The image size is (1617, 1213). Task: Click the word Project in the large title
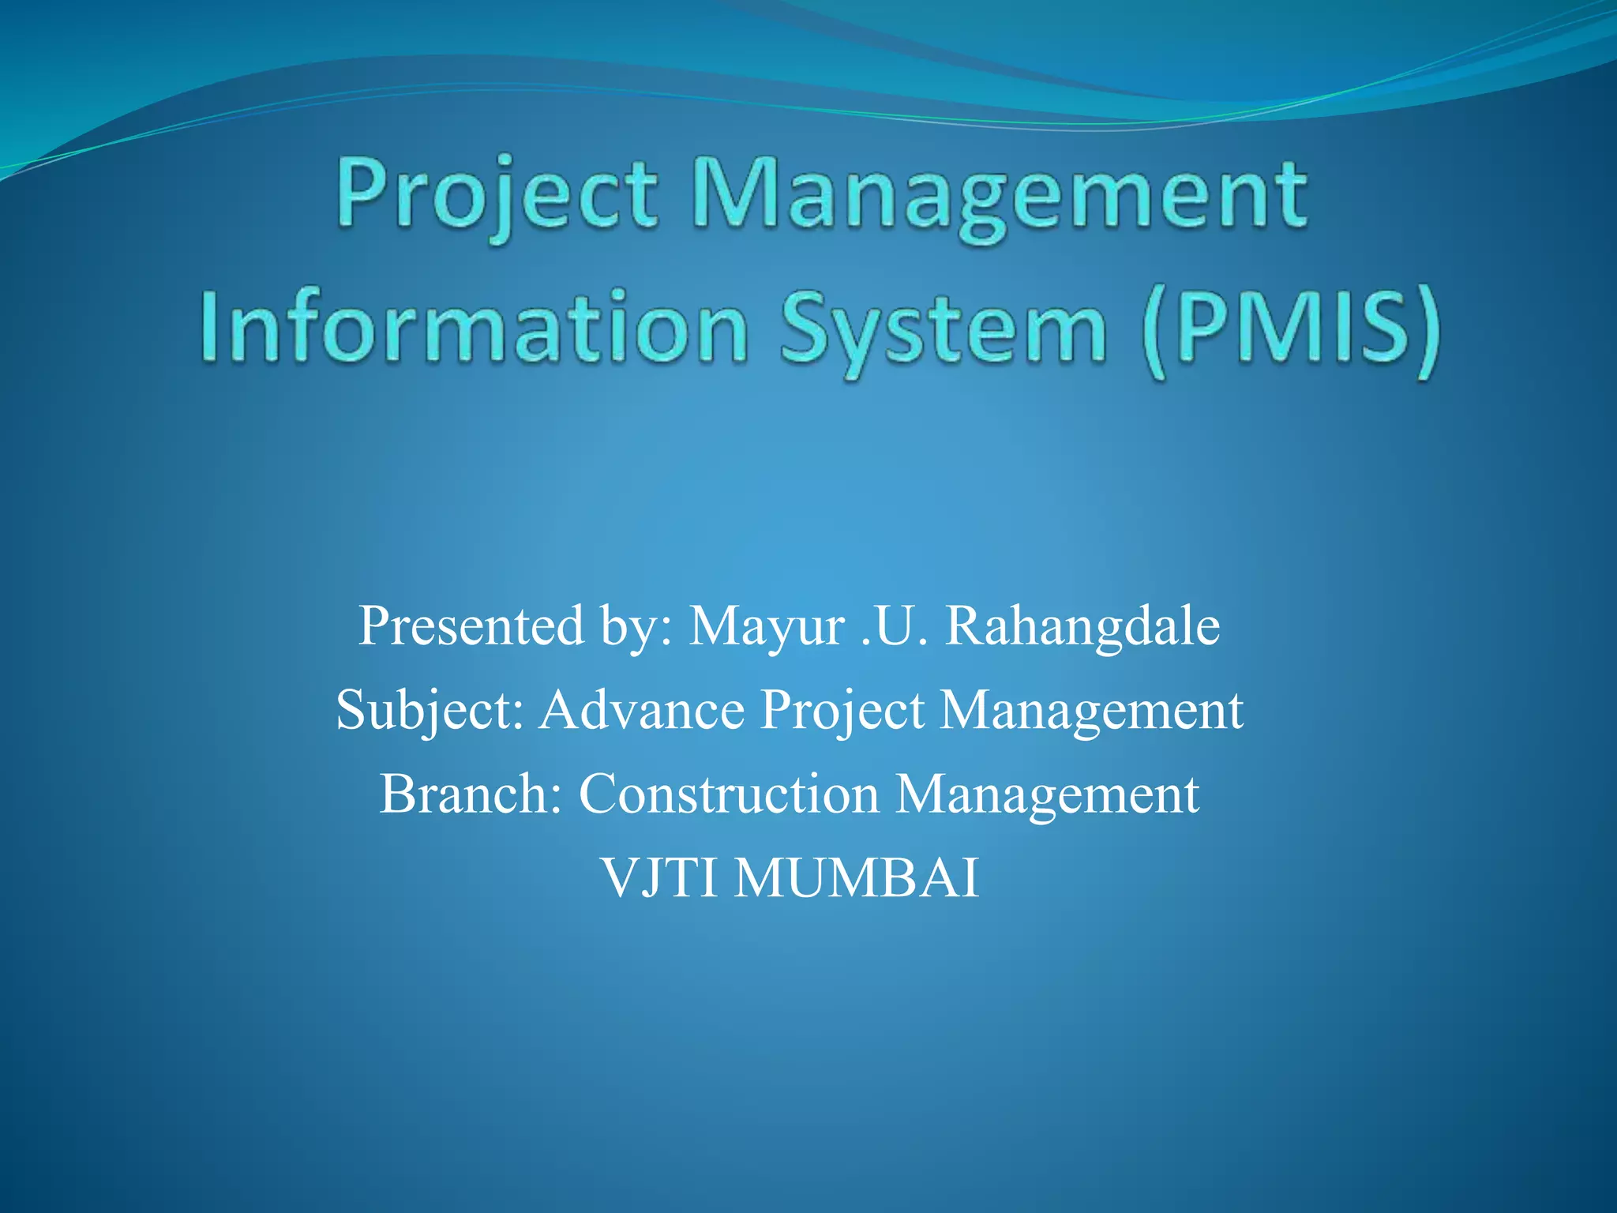[x=496, y=194]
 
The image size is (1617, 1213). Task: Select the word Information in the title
[x=474, y=329]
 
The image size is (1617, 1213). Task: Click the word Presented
[x=471, y=625]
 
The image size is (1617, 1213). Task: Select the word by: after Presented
[x=636, y=627]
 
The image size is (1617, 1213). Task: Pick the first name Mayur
[x=767, y=627]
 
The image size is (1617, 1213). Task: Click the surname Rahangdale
[x=1082, y=625]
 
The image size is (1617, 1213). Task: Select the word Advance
[x=642, y=709]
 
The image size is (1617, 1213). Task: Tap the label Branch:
[x=471, y=793]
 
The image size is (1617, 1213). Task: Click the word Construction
[x=728, y=793]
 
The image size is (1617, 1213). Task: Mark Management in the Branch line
[x=1047, y=794]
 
